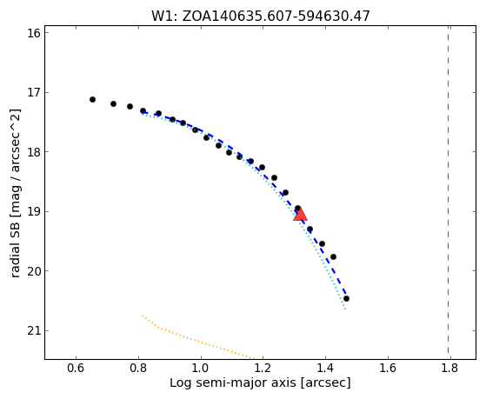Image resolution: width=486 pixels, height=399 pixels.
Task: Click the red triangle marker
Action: pos(300,215)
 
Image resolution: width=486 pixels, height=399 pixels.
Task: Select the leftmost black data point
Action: pos(92,99)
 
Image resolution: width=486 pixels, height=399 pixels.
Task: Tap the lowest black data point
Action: pos(347,298)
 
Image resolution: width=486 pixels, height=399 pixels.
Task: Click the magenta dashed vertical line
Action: pos(449,192)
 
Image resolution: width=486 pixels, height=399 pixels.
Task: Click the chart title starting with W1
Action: pos(261,17)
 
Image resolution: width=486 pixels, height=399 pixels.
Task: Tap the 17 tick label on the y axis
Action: pos(34,92)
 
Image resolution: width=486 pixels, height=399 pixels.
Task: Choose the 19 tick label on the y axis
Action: pos(34,212)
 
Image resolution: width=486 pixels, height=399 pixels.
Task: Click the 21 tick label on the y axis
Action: pos(34,331)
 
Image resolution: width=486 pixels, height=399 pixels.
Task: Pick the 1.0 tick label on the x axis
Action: pos(201,368)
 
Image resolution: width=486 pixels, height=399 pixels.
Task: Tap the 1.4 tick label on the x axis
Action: pos(325,368)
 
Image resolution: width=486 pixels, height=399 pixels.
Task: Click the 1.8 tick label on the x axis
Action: pos(450,368)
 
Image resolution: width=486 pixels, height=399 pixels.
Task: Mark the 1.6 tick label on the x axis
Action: pos(388,368)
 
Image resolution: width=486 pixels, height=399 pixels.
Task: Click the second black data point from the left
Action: pos(113,103)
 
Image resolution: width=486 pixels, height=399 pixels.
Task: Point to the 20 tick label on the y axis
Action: pos(34,271)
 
